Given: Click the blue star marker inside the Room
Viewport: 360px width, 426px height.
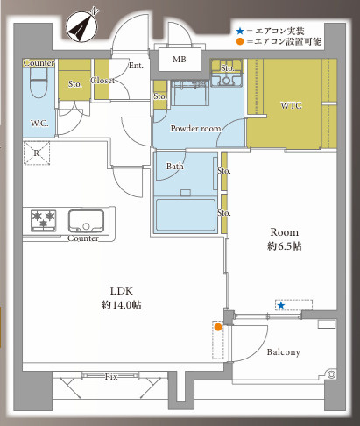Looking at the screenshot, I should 280,305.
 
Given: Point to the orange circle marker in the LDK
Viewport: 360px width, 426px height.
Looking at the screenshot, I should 216,328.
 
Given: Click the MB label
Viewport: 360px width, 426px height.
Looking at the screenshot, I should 179,60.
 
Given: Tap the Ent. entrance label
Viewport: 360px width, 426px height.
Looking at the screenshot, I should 137,66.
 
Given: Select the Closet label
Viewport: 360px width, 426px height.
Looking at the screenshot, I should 102,81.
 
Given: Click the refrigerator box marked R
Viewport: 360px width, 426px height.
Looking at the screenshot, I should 37,153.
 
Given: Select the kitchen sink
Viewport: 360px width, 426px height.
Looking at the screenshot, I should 86,220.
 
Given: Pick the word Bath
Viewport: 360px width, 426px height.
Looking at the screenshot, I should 175,166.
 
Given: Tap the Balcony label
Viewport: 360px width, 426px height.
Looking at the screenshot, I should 282,352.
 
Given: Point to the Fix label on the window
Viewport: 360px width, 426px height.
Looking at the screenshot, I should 111,377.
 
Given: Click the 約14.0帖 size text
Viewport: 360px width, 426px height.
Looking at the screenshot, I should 122,304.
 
